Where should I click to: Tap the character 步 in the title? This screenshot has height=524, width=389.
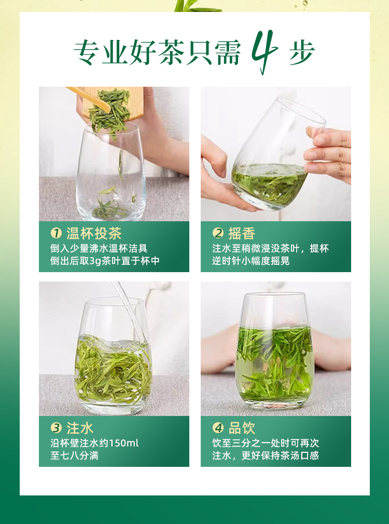point(301,52)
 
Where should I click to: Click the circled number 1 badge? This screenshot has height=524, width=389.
point(56,233)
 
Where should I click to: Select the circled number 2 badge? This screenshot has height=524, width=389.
point(218,233)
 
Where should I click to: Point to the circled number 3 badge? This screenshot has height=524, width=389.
point(56,428)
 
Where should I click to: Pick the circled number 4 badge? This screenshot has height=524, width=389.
point(218,428)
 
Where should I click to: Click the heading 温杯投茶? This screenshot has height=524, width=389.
point(94,233)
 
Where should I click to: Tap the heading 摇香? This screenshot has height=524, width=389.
point(242,233)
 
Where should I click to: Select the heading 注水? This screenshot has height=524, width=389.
point(80,428)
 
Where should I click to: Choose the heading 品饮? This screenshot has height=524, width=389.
point(242,428)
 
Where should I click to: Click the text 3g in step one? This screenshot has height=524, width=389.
point(95,261)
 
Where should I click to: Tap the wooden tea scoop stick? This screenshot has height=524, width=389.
point(89,99)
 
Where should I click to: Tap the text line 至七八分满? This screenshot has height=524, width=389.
point(74,455)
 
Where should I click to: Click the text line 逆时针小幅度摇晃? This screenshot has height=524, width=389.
point(251,261)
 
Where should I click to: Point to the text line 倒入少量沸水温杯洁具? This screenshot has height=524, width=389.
point(99,248)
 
